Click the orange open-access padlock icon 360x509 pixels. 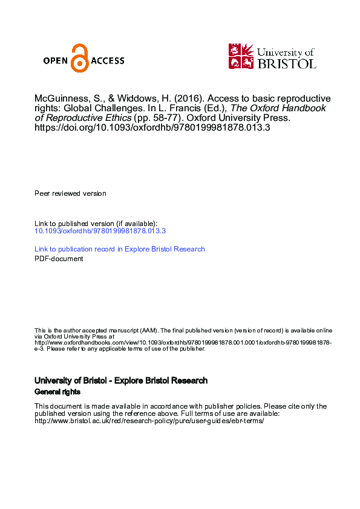pyautogui.click(x=79, y=59)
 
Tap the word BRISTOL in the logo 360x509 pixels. pyautogui.click(x=287, y=63)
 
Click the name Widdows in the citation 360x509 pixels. pyautogui.click(x=137, y=99)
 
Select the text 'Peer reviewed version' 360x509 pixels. pyautogui.click(x=70, y=193)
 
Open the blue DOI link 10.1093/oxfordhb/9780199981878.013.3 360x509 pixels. pyautogui.click(x=100, y=231)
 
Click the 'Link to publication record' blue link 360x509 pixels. pyautogui.click(x=119, y=249)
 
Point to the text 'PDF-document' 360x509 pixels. pyautogui.click(x=59, y=259)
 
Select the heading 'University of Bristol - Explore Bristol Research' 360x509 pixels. pyautogui.click(x=121, y=381)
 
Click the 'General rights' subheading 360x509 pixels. pyautogui.click(x=57, y=392)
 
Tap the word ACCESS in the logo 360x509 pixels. pyautogui.click(x=107, y=60)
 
